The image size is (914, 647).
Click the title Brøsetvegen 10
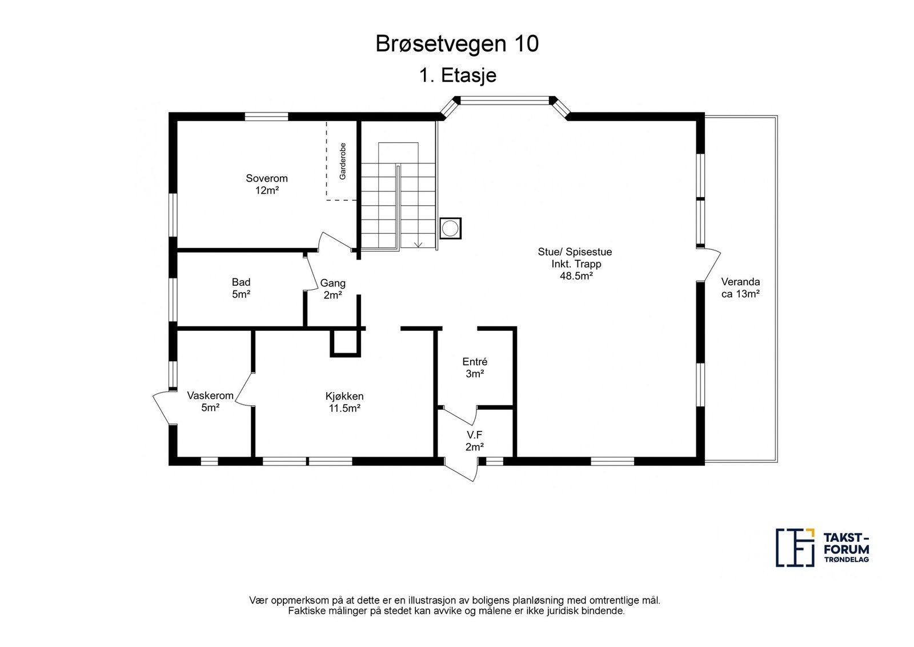(457, 43)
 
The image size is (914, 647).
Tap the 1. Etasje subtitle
(458, 75)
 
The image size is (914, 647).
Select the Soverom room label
(266, 178)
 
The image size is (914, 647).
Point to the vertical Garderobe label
(343, 161)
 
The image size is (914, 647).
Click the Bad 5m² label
(241, 288)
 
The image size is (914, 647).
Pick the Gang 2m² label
(332, 289)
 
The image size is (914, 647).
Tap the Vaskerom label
(210, 396)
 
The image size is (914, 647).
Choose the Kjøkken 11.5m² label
(345, 402)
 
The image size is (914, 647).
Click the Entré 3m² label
(475, 368)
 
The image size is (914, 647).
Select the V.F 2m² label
(475, 441)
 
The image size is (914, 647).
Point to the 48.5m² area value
(576, 276)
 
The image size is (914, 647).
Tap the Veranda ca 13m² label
(740, 288)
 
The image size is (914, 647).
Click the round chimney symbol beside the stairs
(450, 228)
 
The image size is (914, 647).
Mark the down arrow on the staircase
(418, 243)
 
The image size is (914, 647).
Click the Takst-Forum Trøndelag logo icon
(795, 548)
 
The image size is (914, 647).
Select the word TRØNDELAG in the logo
(846, 560)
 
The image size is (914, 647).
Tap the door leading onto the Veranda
(709, 265)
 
